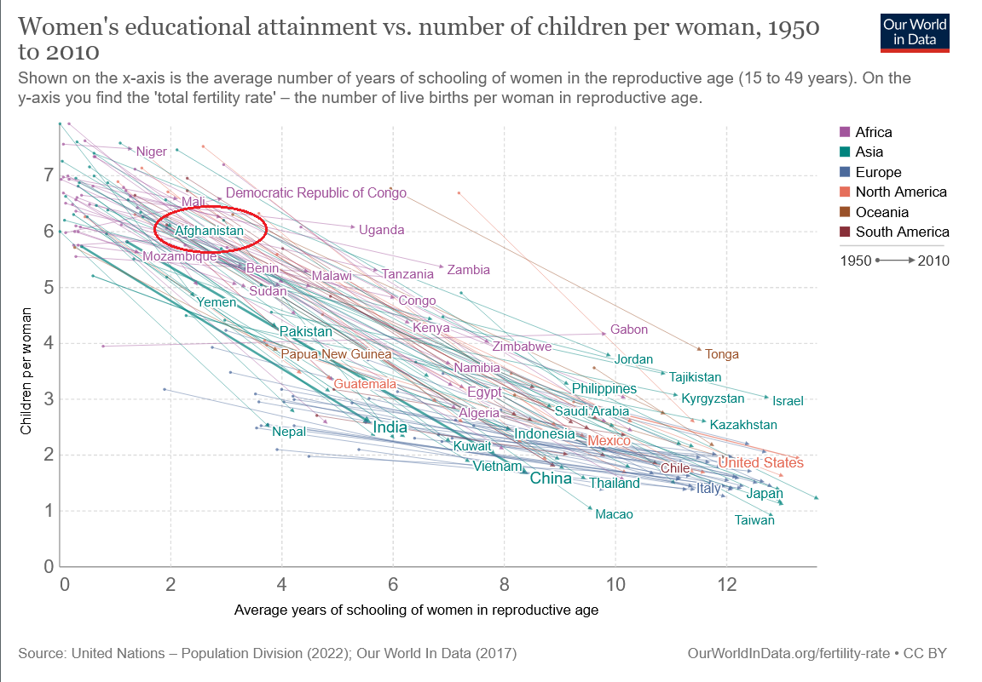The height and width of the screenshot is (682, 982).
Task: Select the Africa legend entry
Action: point(873,132)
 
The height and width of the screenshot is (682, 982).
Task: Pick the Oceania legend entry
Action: point(881,212)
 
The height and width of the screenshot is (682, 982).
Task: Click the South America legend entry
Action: point(902,232)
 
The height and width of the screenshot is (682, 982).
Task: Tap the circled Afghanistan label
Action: point(209,230)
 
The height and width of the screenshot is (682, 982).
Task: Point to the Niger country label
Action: point(151,152)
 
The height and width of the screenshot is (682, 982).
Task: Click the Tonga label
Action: point(722,354)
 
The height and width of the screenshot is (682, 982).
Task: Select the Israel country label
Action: point(788,400)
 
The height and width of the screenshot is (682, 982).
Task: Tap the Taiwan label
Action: point(754,519)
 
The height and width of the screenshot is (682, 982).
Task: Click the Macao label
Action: point(614,514)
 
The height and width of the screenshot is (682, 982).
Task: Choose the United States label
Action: point(760,462)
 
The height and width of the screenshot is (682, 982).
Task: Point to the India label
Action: point(390,427)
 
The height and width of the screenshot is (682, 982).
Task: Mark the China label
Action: point(551,479)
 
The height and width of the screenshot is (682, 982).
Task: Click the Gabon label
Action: point(629,330)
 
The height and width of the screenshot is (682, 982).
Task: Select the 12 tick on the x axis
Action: point(726,586)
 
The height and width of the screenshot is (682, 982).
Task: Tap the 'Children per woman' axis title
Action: point(26,370)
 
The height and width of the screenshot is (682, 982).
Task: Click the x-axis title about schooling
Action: point(416,610)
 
